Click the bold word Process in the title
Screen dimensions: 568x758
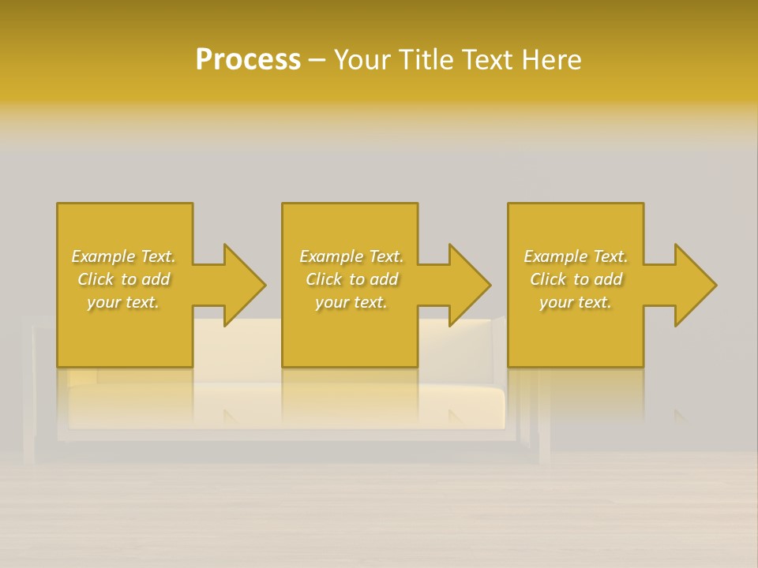[248, 60]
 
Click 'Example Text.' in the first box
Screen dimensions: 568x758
[124, 256]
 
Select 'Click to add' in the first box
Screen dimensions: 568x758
[124, 279]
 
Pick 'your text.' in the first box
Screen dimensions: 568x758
[124, 302]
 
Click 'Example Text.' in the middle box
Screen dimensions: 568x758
[351, 256]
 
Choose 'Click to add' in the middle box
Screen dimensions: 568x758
[351, 279]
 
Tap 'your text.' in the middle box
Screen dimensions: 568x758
[351, 302]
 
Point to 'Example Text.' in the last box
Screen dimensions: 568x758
[576, 256]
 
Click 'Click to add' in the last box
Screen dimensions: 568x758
[576, 279]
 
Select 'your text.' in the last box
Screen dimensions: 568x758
[576, 302]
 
